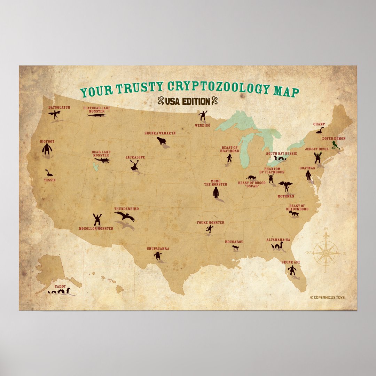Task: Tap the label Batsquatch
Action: point(59,108)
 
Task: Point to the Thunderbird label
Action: point(126,209)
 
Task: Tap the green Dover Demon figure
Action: point(335,145)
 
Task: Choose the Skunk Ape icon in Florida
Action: point(292,270)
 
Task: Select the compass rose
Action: point(326,251)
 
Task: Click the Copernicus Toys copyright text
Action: point(327,297)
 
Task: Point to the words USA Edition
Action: point(188,101)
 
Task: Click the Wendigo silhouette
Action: point(203,115)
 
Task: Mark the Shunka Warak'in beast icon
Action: point(161,140)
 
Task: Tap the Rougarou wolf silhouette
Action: point(236,248)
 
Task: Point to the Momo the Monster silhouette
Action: point(216,192)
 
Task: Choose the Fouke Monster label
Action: point(211,222)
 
